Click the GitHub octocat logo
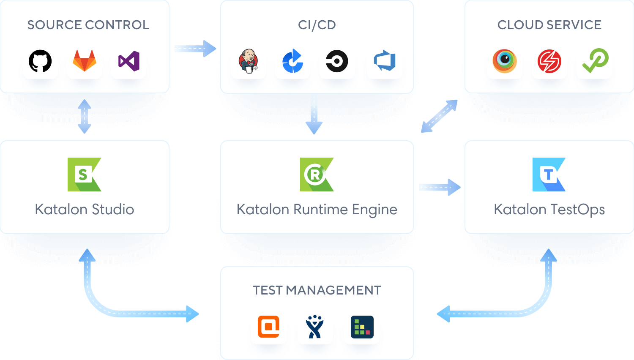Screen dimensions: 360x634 click(40, 61)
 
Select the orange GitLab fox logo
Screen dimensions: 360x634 click(85, 61)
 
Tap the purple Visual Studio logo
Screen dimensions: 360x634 click(129, 61)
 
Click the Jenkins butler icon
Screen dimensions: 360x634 click(249, 61)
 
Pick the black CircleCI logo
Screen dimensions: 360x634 click(337, 61)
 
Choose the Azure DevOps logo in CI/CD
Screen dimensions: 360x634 click(385, 61)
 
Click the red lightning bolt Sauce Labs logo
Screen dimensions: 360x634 click(549, 61)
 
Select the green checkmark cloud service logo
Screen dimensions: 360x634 click(595, 61)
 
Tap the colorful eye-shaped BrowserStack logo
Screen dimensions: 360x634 click(505, 61)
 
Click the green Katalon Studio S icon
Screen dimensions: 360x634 click(85, 175)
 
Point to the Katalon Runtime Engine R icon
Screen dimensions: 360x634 click(317, 175)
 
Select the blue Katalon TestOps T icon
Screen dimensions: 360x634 click(549, 175)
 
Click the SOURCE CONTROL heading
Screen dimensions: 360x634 click(88, 25)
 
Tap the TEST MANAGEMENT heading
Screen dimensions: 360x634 click(317, 290)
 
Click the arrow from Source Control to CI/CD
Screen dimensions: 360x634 click(195, 49)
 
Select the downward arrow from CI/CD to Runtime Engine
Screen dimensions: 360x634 click(314, 114)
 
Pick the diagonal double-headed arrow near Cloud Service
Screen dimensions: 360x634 click(439, 116)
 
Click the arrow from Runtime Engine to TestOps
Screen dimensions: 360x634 click(440, 187)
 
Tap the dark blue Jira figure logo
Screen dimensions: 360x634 click(314, 327)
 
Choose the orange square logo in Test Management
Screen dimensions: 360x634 click(269, 327)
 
